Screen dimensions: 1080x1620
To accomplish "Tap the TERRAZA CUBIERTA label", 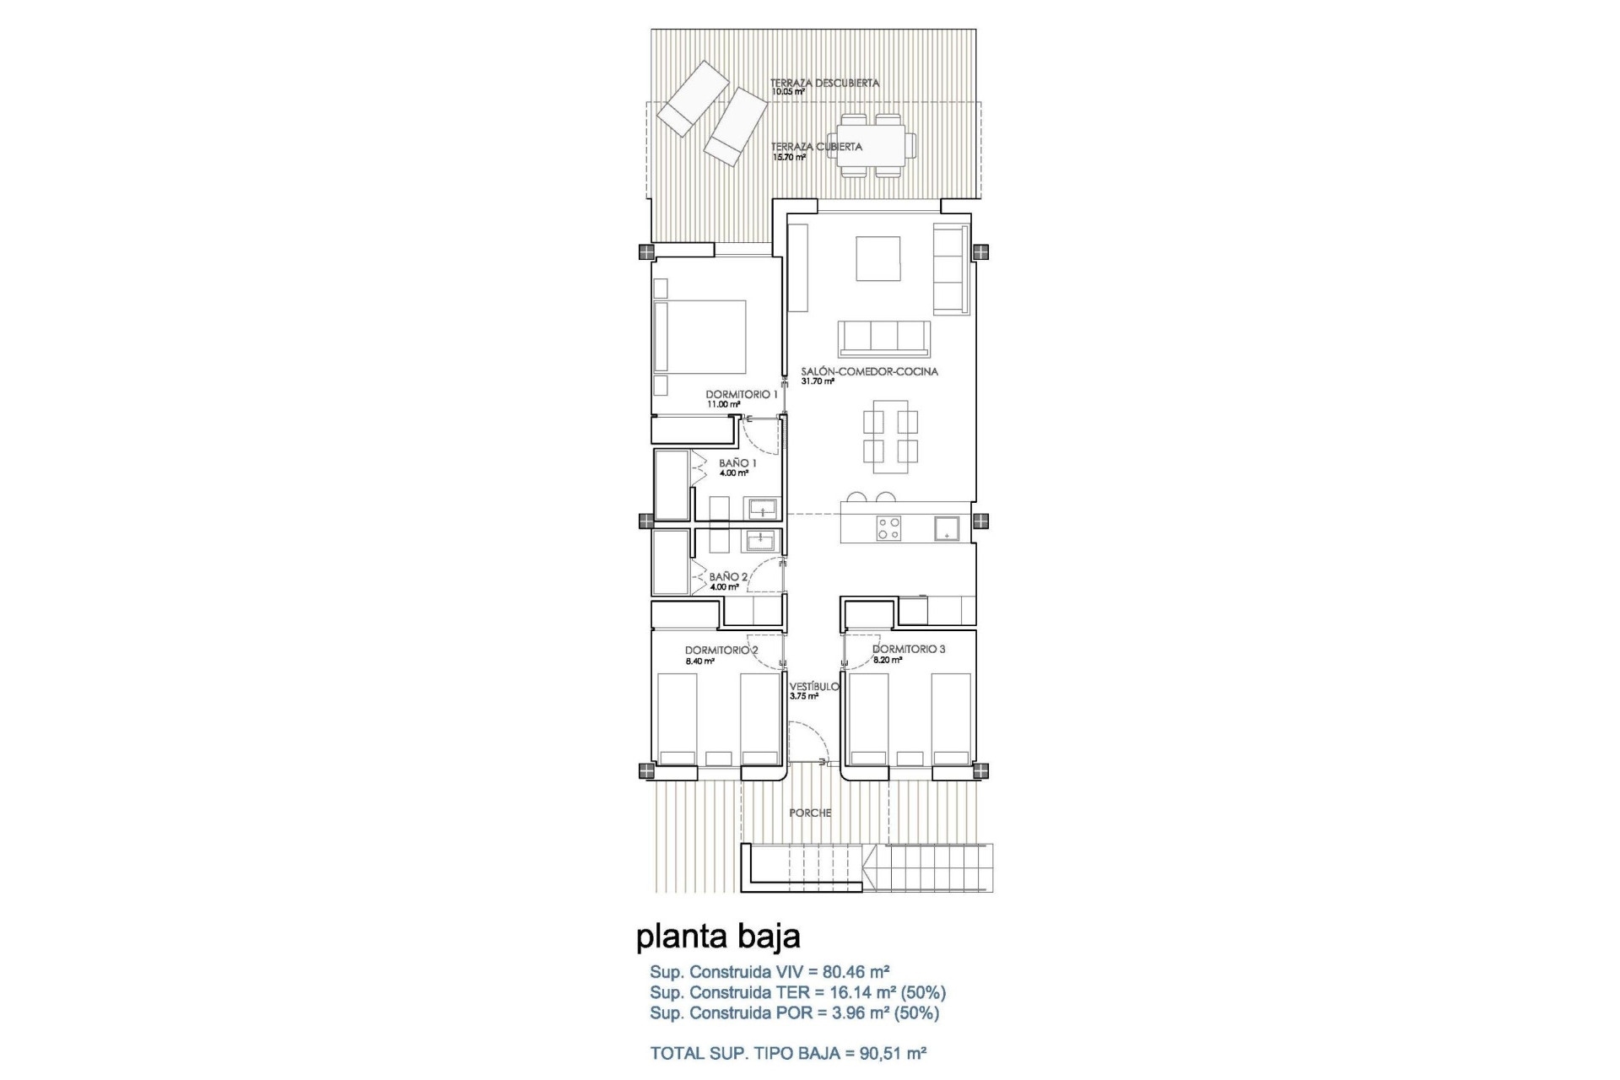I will (816, 147).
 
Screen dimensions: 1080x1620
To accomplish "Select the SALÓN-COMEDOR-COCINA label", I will (869, 371).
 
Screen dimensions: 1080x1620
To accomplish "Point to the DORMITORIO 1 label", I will (742, 394).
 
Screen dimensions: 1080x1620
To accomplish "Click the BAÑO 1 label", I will (737, 463).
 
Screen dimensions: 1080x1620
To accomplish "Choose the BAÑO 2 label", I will (728, 577).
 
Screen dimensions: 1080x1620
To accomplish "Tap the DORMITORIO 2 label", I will (721, 651).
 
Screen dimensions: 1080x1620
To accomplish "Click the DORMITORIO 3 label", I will (909, 650).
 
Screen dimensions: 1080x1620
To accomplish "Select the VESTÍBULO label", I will (814, 687).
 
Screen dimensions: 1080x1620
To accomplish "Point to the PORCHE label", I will (810, 813).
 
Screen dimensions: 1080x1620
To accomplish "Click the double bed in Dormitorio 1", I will (700, 337).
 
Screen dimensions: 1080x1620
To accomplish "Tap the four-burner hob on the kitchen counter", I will (888, 528).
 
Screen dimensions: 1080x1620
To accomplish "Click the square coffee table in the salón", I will (878, 258).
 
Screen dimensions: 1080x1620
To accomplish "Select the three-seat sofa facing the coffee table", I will (883, 338).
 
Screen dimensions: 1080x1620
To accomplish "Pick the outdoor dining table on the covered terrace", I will (870, 145).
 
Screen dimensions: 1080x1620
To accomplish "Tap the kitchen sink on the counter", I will (946, 528).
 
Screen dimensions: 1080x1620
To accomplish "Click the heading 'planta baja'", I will (718, 936).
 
